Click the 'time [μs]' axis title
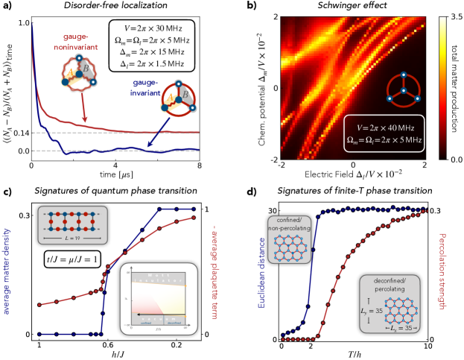115,174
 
